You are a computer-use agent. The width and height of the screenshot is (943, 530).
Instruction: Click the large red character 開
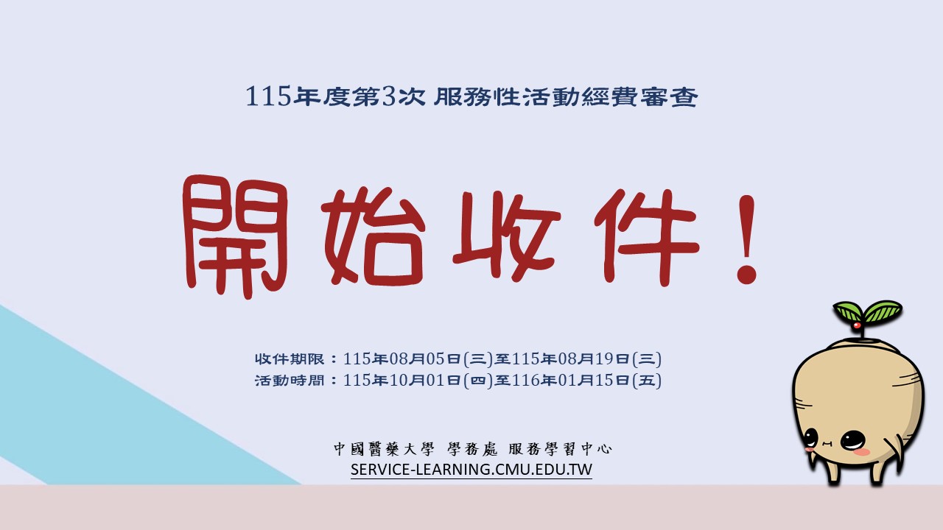click(x=236, y=237)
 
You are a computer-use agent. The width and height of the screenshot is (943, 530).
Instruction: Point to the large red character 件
click(x=647, y=237)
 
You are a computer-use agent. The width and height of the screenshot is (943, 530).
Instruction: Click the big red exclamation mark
click(x=747, y=239)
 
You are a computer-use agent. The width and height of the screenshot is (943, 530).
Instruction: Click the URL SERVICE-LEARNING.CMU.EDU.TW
click(x=471, y=469)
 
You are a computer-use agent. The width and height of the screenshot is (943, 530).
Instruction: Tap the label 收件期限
click(x=290, y=358)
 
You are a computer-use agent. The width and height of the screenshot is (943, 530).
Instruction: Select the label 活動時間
click(x=290, y=381)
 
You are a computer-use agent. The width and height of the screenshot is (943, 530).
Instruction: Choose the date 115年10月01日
click(x=402, y=381)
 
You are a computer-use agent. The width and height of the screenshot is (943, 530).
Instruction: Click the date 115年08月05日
click(x=402, y=358)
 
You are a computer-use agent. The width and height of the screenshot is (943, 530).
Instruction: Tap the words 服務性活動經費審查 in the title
click(x=566, y=96)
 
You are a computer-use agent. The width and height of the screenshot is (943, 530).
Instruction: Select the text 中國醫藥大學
click(x=384, y=449)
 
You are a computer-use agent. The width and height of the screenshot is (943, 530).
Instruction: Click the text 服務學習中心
click(x=560, y=449)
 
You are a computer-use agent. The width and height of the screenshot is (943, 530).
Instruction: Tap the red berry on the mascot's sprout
click(x=856, y=325)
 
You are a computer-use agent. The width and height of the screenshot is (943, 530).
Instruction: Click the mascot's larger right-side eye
click(x=853, y=440)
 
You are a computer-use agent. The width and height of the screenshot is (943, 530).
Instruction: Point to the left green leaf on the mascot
click(x=847, y=311)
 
